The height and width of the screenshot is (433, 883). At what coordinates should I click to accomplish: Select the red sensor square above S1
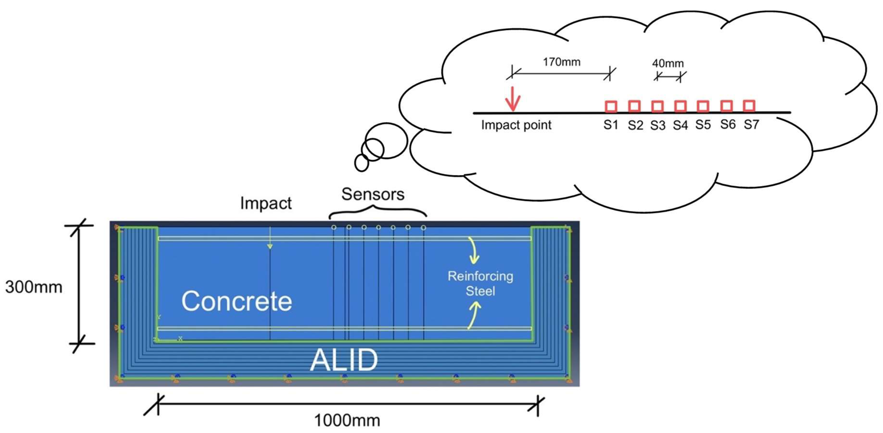pos(611,106)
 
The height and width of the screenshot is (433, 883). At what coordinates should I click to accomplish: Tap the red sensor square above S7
pos(749,106)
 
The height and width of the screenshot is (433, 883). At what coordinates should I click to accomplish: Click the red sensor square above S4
pos(680,106)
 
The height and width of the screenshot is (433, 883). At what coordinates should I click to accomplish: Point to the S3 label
pos(658,125)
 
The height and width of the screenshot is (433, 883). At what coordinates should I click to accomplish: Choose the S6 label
pos(728,124)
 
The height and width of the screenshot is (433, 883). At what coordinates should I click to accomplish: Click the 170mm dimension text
pos(561,62)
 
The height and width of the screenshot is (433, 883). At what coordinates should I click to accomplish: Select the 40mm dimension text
pos(668,63)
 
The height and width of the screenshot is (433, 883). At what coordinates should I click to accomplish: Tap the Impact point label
pos(516,125)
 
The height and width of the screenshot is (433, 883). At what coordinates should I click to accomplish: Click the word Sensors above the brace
pos(373,194)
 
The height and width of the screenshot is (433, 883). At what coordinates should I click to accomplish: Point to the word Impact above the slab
pos(266,203)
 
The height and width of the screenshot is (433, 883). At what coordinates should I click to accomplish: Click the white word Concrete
pos(237,301)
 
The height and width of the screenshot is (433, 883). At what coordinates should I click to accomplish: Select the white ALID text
pos(344,360)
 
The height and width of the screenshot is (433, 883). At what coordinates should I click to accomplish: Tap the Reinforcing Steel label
pos(480,283)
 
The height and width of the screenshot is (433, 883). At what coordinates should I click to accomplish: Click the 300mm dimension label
pos(34,287)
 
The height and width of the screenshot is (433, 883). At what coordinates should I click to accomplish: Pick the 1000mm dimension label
pos(347,420)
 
